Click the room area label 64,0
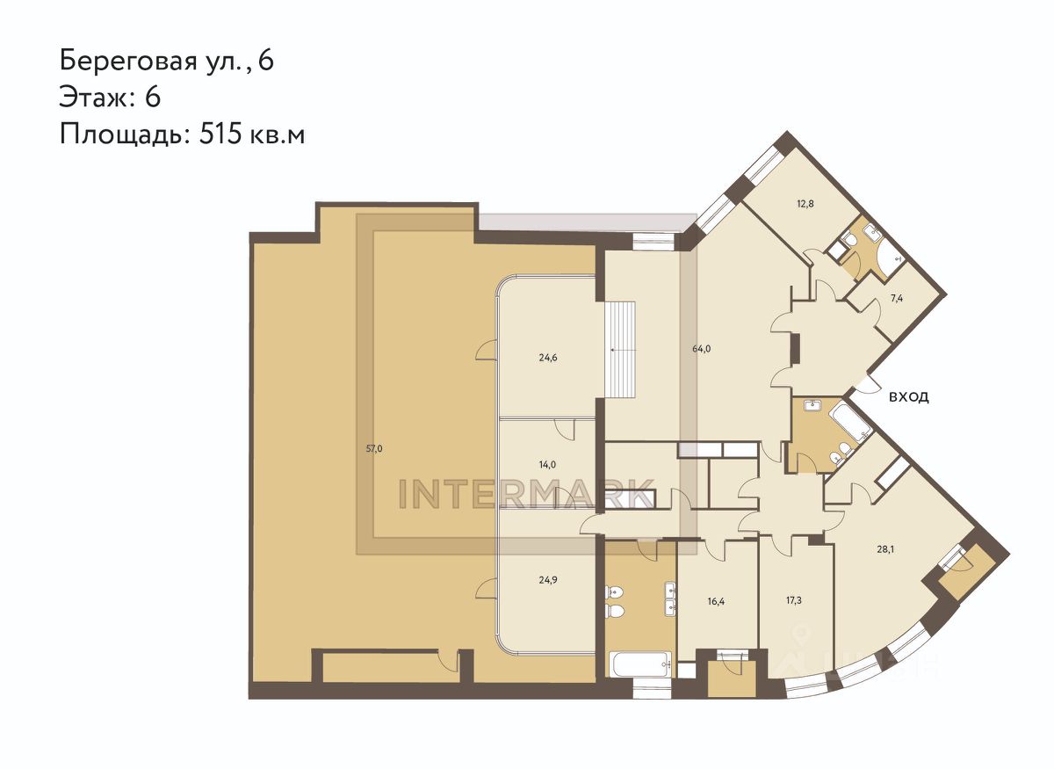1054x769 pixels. tap(701, 349)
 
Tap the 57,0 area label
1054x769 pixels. tap(374, 448)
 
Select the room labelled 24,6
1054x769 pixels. tap(548, 358)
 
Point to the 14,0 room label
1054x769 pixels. tap(548, 465)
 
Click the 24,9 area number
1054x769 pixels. tap(548, 579)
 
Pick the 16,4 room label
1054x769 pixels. tap(716, 602)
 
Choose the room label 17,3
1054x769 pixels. tap(793, 601)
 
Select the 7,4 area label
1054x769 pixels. tap(897, 299)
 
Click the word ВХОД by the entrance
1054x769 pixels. tap(909, 397)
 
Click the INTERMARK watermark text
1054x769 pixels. tap(526, 495)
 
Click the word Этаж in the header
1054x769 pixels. tap(93, 98)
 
